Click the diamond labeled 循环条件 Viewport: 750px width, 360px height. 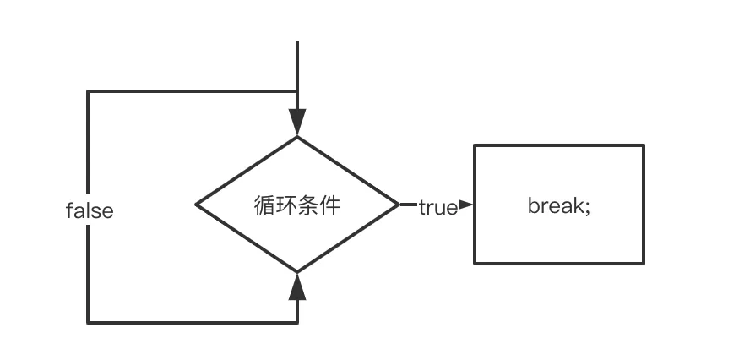(x=296, y=204)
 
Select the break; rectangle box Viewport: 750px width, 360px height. (x=558, y=204)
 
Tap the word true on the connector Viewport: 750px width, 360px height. (x=437, y=206)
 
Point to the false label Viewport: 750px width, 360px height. (x=90, y=210)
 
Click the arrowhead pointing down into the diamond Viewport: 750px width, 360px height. (x=296, y=123)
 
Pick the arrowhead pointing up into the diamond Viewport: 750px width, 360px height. (x=296, y=287)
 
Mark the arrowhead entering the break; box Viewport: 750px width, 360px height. (x=466, y=204)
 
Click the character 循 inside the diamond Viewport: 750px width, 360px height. (x=264, y=205)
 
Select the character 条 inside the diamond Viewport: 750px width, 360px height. (x=308, y=205)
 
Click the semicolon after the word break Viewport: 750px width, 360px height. (x=586, y=207)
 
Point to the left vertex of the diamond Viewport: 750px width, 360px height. (x=197, y=204)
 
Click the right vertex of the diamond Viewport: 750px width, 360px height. (x=398, y=204)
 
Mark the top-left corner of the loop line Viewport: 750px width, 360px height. (x=88, y=91)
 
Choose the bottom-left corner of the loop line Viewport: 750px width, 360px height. (x=88, y=321)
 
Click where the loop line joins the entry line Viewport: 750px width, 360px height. (x=296, y=91)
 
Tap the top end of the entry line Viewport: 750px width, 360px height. (x=296, y=41)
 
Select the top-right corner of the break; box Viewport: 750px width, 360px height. (x=644, y=145)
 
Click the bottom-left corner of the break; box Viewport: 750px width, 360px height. (x=475, y=263)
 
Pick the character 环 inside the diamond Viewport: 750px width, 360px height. (x=286, y=205)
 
